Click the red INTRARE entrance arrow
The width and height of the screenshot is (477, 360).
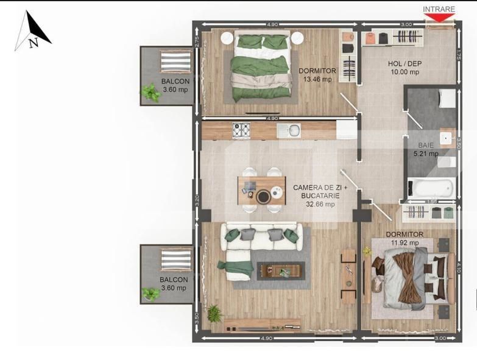click(439, 18)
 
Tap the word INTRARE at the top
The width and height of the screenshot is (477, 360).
click(439, 9)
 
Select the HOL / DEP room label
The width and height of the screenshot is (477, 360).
click(405, 64)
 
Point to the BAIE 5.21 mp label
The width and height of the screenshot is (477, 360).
click(426, 150)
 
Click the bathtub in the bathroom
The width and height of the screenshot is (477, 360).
click(431, 187)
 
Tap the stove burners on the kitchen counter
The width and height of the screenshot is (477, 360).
click(242, 130)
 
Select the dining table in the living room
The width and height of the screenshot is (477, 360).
click(261, 190)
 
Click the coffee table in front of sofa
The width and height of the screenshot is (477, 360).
click(280, 270)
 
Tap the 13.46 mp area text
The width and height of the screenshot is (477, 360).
click(317, 79)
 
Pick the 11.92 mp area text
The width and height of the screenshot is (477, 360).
click(405, 242)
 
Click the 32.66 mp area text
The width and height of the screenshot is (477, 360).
click(320, 204)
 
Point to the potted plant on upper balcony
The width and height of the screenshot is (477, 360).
click(149, 93)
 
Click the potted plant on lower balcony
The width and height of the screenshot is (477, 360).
click(150, 294)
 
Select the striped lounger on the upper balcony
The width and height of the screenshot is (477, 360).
click(175, 62)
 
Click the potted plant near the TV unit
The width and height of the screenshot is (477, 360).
click(214, 314)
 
